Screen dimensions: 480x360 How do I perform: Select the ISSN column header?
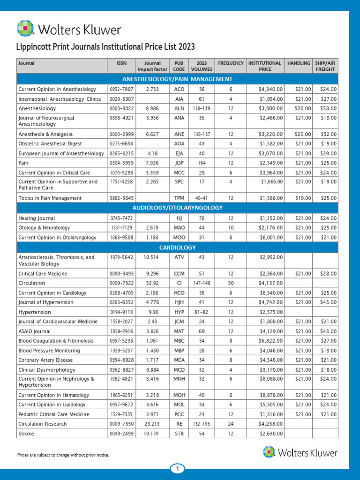[121, 63]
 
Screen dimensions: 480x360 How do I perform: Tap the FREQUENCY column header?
[231, 63]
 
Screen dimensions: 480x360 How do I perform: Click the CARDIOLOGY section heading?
[177, 247]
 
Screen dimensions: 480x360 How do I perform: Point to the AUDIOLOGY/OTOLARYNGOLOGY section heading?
[177, 208]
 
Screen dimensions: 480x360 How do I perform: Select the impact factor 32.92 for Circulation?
[152, 283]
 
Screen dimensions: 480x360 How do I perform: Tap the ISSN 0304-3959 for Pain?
[121, 163]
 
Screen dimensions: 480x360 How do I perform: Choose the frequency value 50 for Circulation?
[231, 283]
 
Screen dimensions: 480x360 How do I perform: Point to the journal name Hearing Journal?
[37, 218]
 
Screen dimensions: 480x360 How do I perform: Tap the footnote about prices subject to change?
[63, 455]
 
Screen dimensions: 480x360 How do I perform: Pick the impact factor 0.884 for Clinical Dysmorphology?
[152, 369]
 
